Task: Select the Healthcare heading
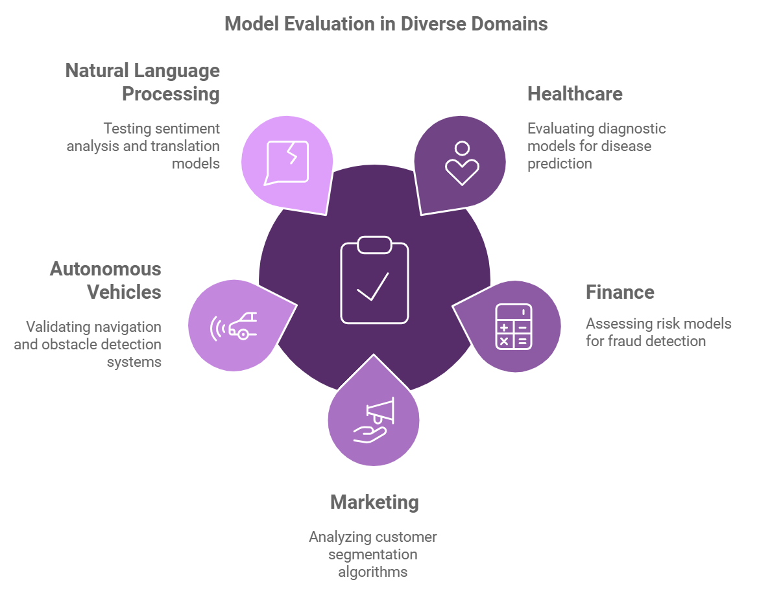pos(575,94)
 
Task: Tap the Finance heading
pos(620,292)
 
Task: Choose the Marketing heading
pos(374,502)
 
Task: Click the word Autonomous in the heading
pos(106,269)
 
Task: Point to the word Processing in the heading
pos(171,94)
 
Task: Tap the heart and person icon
pos(462,163)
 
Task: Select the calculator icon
pos(513,326)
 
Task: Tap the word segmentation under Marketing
pos(373,555)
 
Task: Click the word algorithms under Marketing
pos(373,572)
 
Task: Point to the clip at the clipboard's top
pos(374,245)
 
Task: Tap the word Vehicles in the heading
pos(124,292)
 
